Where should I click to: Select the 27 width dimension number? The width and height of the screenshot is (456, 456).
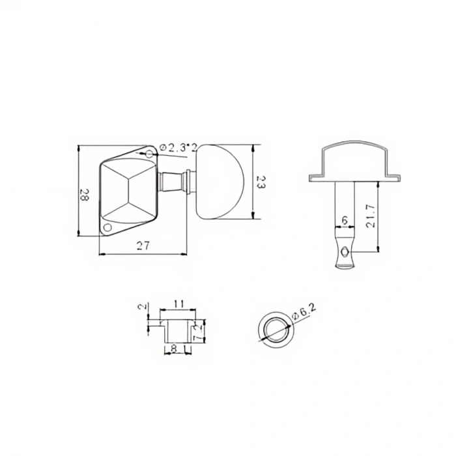point(143,246)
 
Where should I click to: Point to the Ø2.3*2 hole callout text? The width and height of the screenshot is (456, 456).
point(178,148)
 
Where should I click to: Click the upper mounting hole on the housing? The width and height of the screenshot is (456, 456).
point(149,154)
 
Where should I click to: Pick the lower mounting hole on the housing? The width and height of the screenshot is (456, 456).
point(108,227)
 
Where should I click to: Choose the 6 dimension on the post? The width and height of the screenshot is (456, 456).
point(344,221)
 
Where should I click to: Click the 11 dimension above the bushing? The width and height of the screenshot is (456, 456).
point(180,304)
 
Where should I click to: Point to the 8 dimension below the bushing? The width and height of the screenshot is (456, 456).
point(175,349)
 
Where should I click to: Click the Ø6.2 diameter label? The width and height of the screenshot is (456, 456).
point(305,314)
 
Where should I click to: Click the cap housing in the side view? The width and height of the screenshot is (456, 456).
point(355,160)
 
